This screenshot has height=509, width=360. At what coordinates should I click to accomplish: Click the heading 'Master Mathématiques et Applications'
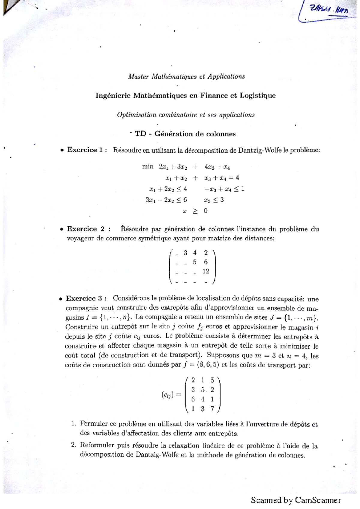[x=186, y=77]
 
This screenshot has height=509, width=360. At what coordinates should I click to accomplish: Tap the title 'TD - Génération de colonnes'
[x=185, y=134]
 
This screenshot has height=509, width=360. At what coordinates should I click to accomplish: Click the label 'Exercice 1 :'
[x=87, y=150]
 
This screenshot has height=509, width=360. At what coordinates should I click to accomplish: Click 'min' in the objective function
[x=148, y=167]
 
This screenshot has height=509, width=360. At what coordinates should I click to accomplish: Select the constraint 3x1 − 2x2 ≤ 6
[x=166, y=200]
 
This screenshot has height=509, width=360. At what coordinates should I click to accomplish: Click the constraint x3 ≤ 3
[x=214, y=200]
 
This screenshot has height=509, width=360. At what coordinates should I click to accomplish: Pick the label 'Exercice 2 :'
[x=89, y=229]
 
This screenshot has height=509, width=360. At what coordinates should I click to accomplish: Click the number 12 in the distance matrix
[x=205, y=271]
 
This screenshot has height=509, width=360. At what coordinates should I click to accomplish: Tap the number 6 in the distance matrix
[x=205, y=262]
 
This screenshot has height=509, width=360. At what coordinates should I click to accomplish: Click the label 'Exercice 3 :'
[x=86, y=299]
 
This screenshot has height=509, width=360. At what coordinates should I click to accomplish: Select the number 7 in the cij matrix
[x=212, y=409]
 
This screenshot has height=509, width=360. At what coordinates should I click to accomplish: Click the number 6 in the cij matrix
[x=193, y=399]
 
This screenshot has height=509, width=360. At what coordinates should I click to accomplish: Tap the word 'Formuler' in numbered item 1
[x=94, y=424]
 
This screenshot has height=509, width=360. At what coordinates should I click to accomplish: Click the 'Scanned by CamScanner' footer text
[x=296, y=500]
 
